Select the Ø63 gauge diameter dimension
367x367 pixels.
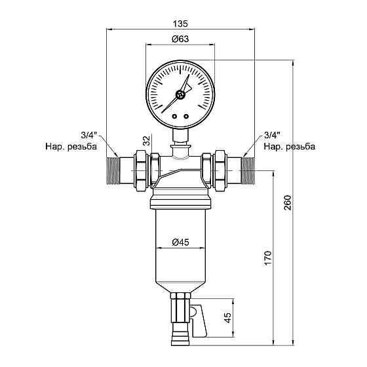tap(180, 39)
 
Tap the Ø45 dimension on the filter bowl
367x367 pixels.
tap(180, 242)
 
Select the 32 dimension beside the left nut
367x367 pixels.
tap(145, 140)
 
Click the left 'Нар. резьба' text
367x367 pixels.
tap(70, 147)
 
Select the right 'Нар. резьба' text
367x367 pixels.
tap(289, 147)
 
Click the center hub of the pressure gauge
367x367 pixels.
tap(181, 94)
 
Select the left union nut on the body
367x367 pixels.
tap(141, 169)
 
